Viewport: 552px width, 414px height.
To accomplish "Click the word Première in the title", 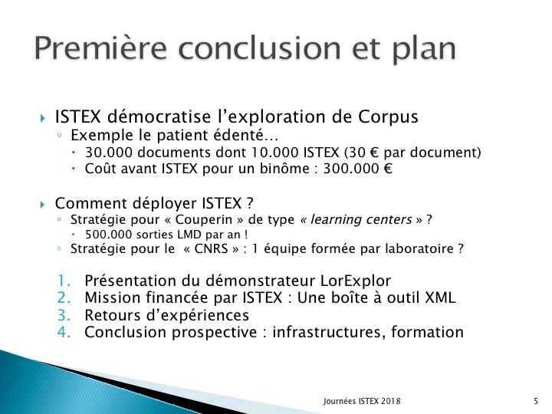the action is pyautogui.click(x=100, y=48).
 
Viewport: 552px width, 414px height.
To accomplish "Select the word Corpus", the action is pyautogui.click(x=388, y=117).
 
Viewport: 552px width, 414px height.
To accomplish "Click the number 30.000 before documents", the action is pyautogui.click(x=109, y=153).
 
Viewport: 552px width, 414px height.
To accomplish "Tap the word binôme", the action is pyautogui.click(x=284, y=169).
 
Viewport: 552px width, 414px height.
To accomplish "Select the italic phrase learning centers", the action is pyautogui.click(x=361, y=219).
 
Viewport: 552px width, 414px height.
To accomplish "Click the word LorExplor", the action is pyautogui.click(x=356, y=281).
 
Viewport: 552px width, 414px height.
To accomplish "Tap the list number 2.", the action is pyautogui.click(x=64, y=297).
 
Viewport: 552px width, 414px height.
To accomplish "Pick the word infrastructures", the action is pyautogui.click(x=327, y=332).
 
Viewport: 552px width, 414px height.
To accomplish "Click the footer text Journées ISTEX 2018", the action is pyautogui.click(x=362, y=401).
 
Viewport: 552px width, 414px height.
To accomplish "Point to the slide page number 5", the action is pyautogui.click(x=536, y=401).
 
